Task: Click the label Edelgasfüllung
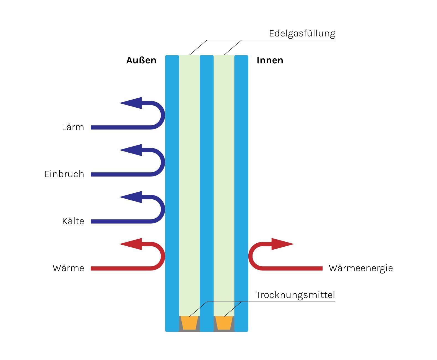pos(302,34)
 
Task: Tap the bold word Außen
pos(141,60)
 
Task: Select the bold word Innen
pos(270,60)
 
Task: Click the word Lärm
pos(73,127)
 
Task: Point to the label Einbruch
pos(64,174)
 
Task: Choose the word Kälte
pos(73,221)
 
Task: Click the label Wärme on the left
pos(68,268)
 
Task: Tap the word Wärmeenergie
pos(361,268)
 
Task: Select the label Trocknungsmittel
pos(295,295)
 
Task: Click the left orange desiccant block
pos(189,323)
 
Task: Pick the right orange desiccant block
pos(224,323)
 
